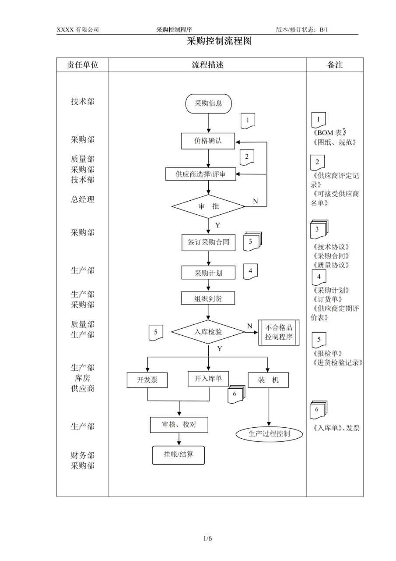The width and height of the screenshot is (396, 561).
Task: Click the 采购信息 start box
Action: coord(208,103)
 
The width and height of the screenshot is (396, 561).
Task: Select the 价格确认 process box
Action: coord(208,141)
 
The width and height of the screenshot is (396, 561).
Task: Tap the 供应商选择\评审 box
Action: coord(200,174)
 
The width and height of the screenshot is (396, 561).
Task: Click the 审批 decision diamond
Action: coord(208,206)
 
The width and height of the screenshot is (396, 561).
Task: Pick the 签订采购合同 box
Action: coord(208,242)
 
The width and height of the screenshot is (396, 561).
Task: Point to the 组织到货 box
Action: coord(208,298)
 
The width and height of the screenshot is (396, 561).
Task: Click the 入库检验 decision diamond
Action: coord(208,332)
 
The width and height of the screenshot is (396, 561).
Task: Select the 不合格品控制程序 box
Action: coord(279,333)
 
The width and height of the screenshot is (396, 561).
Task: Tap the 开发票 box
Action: coord(147,380)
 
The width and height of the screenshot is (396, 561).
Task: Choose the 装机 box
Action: coord(269,380)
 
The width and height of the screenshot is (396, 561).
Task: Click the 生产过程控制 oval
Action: coord(269,434)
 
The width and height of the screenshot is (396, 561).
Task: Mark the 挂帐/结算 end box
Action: coord(178,455)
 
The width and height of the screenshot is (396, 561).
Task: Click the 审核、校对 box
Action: coord(178,424)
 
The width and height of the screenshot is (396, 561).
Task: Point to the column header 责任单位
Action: coord(83,65)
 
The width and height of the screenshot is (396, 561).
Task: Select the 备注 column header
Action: coord(335,65)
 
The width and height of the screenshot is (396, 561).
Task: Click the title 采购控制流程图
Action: coord(219,42)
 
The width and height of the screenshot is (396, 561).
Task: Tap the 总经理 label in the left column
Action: coord(83,199)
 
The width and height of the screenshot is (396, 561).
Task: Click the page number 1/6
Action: coord(207,539)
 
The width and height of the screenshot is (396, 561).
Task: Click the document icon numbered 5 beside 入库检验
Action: coord(156,332)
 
